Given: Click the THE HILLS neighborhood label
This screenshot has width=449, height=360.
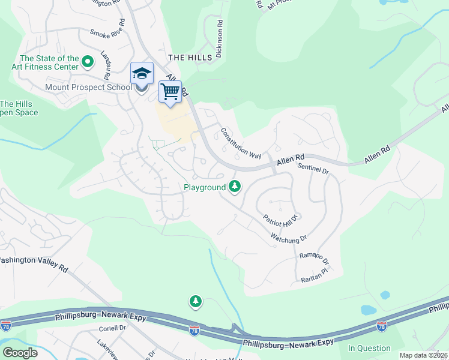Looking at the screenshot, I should [x=190, y=57].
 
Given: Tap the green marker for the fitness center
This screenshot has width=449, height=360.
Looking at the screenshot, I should [x=88, y=61].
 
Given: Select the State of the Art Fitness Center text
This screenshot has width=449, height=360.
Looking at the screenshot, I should [x=49, y=62].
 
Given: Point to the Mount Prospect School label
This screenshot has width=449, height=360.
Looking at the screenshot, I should [x=88, y=87].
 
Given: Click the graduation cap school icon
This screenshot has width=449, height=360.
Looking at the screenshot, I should [x=142, y=74].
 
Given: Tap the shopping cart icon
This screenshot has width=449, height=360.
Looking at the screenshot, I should [x=170, y=92].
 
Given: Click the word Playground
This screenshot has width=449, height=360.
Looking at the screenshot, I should [x=205, y=188].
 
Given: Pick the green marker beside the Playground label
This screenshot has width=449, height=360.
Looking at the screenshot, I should [x=235, y=187].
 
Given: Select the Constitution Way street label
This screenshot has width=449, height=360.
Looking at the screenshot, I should [x=240, y=143].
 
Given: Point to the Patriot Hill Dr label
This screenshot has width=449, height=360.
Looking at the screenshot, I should [x=280, y=218].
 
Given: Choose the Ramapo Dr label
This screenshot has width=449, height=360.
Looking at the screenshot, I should [x=314, y=259].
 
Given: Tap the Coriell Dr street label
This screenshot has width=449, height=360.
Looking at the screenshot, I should [x=112, y=328].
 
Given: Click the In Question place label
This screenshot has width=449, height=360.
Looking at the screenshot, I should [x=369, y=348].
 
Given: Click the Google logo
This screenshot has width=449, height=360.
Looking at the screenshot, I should [x=19, y=353].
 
